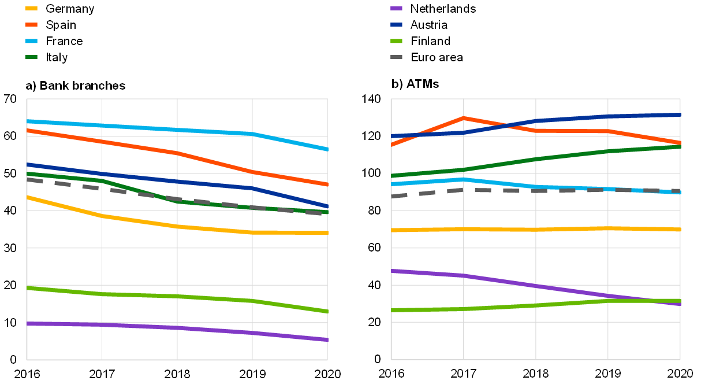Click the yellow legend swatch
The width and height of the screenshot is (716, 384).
coord(31,9)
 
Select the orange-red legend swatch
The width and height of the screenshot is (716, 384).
coord(31,25)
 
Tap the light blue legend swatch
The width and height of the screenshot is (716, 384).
coord(31,41)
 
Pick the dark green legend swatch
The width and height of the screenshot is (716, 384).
coord(31,57)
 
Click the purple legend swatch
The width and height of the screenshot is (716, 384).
coord(396,9)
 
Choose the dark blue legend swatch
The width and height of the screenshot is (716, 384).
coord(396,25)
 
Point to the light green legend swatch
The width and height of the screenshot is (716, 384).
coord(396,41)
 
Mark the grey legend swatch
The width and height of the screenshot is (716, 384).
coord(396,57)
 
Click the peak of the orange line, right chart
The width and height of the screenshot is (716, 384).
coord(463,118)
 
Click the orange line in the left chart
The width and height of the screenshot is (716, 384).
coord(139,147)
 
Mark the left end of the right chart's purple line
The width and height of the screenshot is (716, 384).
coord(393,271)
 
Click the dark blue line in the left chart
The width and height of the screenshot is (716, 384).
coord(139,178)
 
